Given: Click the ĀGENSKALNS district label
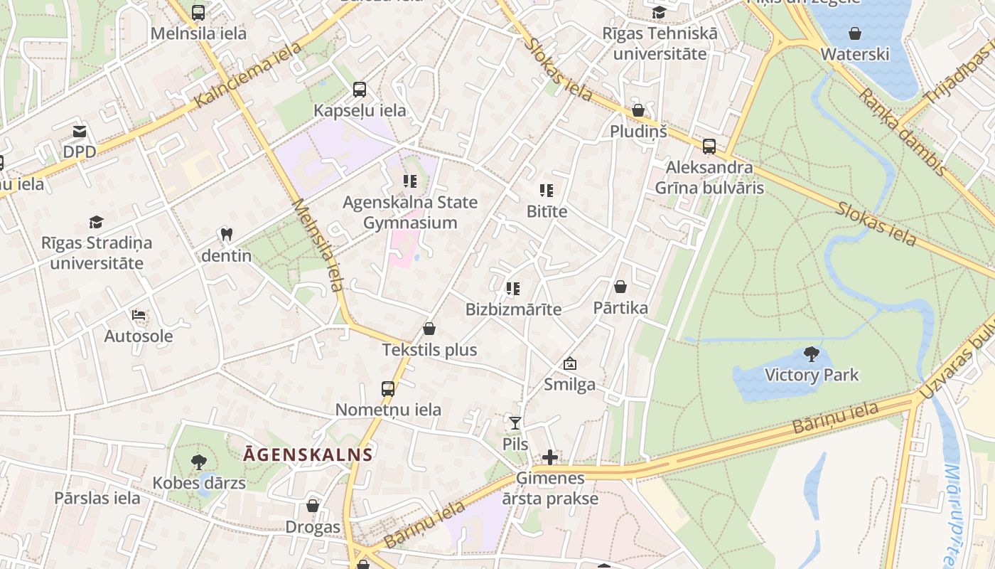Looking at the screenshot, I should [x=308, y=454].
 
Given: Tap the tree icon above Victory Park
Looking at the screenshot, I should [x=811, y=353].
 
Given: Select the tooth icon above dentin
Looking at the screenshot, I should [x=227, y=234].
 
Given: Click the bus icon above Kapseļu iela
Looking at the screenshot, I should [x=360, y=90].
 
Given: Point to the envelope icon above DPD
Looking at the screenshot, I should [x=79, y=132].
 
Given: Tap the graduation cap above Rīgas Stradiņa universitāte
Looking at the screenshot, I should [x=96, y=222].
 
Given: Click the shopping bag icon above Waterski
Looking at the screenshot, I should [x=855, y=33].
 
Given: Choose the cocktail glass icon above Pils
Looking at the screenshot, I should [x=515, y=423].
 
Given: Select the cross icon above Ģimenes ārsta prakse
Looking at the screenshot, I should [x=550, y=457].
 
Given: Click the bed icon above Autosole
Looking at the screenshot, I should [x=139, y=314].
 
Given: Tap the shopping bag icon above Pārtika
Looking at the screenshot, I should [x=620, y=287].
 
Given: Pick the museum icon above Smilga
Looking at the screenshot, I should [x=569, y=363].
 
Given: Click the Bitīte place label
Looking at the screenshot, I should [x=547, y=211].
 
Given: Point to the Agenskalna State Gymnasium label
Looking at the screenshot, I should [x=410, y=213].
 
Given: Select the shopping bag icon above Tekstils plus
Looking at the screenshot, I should [x=429, y=329].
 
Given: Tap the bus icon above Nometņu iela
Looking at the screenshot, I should [x=387, y=389].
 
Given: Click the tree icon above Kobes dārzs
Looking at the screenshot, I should [x=199, y=462].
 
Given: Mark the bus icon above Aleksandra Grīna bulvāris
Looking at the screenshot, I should [x=709, y=147].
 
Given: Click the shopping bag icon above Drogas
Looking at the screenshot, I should [x=313, y=506].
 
